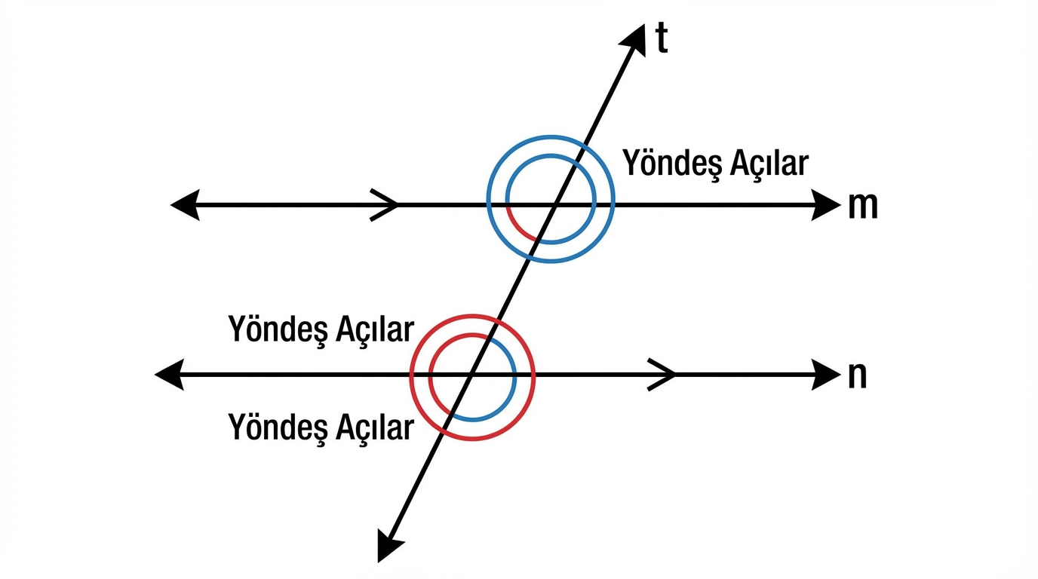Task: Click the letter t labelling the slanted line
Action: (x=662, y=40)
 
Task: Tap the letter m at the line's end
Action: (x=863, y=205)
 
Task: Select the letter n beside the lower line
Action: (x=857, y=375)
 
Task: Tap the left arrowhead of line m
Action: (x=185, y=204)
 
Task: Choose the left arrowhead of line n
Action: (x=169, y=374)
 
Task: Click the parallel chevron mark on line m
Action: (x=385, y=204)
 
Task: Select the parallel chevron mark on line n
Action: (x=662, y=374)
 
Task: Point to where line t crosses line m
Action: (x=555, y=204)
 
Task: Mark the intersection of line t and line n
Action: (x=471, y=374)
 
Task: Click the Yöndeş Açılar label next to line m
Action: (x=715, y=163)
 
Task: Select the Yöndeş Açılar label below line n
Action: (x=321, y=427)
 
